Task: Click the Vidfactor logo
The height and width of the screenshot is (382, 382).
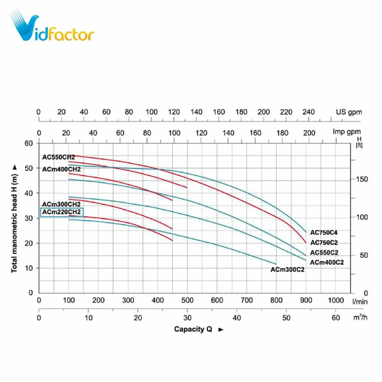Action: coord(52,27)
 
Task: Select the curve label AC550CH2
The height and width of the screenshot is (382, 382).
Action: coord(59,157)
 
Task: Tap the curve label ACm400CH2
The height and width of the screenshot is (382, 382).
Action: coord(61,169)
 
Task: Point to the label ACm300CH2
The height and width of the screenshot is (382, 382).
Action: coord(61,204)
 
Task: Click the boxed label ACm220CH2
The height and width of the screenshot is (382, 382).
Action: coord(62,212)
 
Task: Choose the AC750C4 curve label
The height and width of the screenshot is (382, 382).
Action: coord(324,233)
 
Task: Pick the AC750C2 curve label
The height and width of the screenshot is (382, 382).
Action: coord(324,242)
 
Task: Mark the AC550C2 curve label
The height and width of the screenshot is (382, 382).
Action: coord(324,253)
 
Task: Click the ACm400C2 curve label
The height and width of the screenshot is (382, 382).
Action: coord(327,262)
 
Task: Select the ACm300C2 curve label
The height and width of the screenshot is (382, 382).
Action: coord(287,270)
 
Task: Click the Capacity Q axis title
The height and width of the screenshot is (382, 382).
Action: coord(193,329)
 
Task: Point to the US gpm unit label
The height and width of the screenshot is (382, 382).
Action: coord(349,112)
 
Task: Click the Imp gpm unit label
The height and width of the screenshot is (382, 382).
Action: coord(347,132)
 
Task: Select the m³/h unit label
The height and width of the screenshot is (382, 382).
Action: coord(360,317)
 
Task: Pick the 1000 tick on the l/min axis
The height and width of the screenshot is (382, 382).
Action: coord(336,301)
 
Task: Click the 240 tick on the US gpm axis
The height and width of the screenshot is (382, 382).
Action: coord(308,112)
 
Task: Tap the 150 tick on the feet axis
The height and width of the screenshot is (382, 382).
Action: coord(362,179)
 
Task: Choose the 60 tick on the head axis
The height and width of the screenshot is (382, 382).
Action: coord(29,143)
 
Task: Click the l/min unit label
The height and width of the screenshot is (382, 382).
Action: coord(360,302)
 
